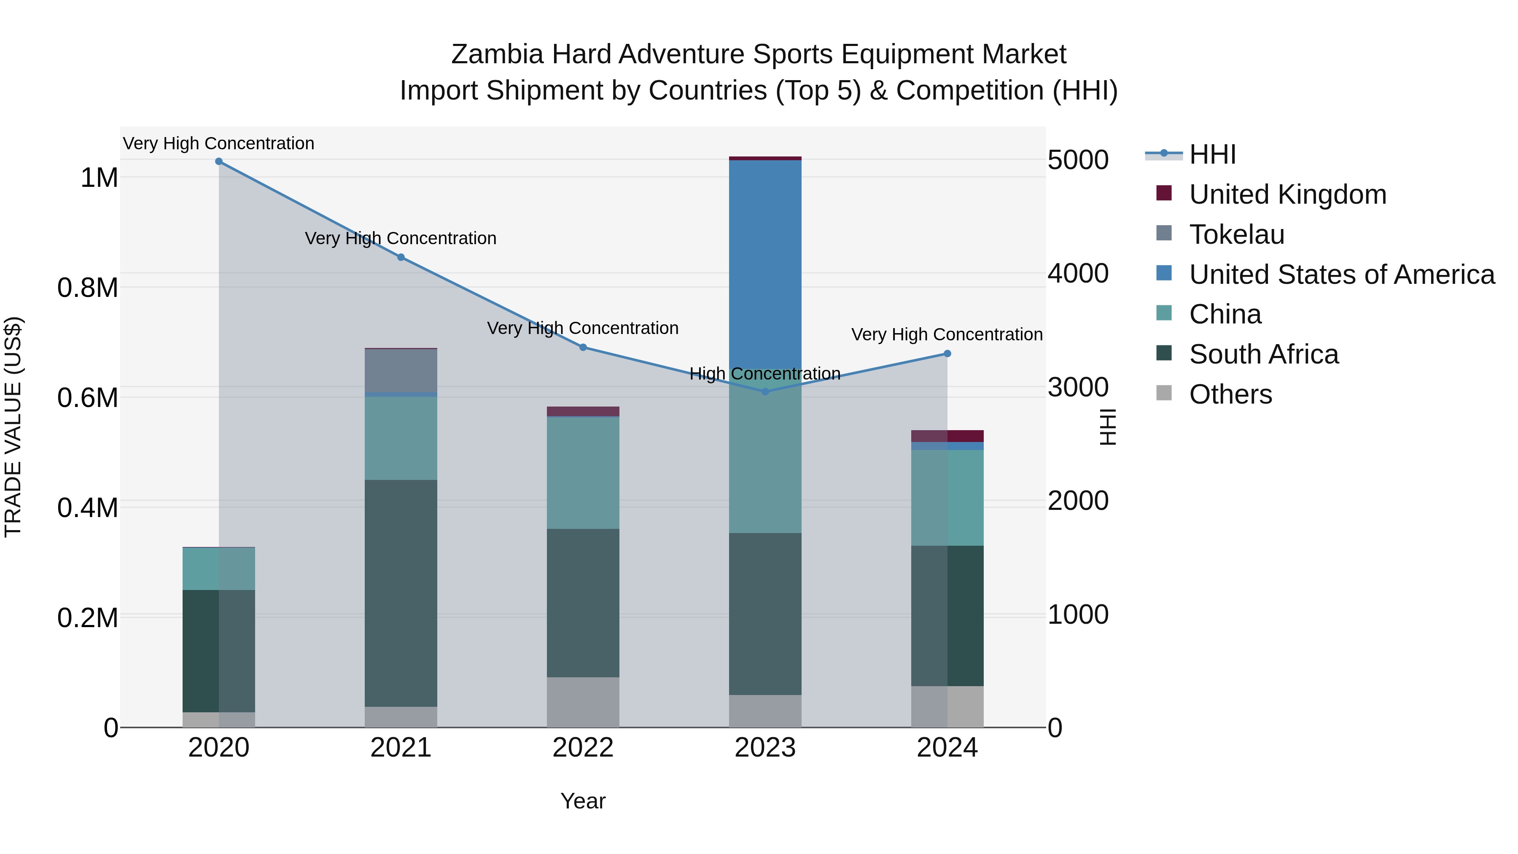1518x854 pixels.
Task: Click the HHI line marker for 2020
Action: point(218,162)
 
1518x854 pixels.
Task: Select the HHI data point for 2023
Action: point(765,391)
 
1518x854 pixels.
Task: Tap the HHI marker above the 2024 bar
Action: point(947,354)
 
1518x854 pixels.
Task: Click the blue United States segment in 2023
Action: point(765,265)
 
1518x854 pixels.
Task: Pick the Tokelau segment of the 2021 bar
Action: point(401,371)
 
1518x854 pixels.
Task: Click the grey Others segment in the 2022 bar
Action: point(583,701)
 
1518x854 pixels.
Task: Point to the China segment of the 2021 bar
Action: point(401,438)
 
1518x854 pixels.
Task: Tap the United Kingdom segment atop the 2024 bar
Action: point(947,436)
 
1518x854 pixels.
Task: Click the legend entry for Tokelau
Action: point(1236,234)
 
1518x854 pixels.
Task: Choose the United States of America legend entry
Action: point(1341,275)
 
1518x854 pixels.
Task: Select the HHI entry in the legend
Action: point(1212,154)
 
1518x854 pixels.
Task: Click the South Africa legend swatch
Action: point(1164,354)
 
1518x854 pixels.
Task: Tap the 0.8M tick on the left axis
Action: point(87,288)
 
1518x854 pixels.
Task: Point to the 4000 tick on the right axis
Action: point(1078,273)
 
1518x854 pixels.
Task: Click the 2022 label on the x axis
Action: point(583,748)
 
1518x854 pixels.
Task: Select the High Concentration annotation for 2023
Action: point(765,374)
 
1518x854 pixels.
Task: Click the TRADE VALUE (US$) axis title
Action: point(13,427)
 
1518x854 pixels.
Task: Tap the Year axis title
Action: point(583,801)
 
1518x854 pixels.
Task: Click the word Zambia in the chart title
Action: point(497,54)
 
